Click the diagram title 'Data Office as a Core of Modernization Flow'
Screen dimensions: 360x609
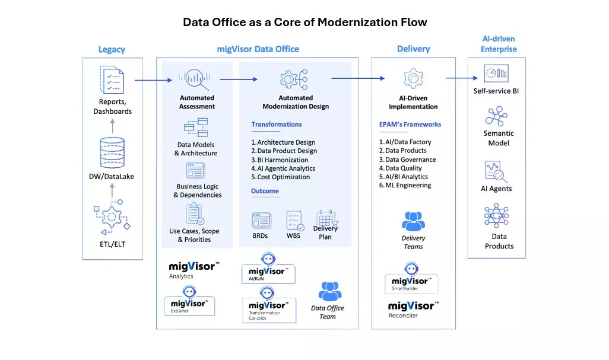[x=304, y=22]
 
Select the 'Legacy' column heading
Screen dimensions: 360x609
[x=112, y=49]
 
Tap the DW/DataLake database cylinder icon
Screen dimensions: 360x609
[x=112, y=151]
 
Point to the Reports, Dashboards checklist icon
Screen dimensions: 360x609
[x=112, y=81]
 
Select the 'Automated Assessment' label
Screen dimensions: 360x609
[x=197, y=102]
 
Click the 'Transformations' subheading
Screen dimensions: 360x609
[x=276, y=125]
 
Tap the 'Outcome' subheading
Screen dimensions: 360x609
[x=265, y=191]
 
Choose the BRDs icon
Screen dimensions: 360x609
[x=261, y=221]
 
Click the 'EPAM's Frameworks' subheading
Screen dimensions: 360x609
[x=410, y=125]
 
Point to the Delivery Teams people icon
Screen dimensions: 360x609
[x=413, y=221]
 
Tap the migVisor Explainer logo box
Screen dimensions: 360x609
[x=189, y=300]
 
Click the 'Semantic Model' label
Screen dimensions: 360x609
[x=499, y=138]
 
